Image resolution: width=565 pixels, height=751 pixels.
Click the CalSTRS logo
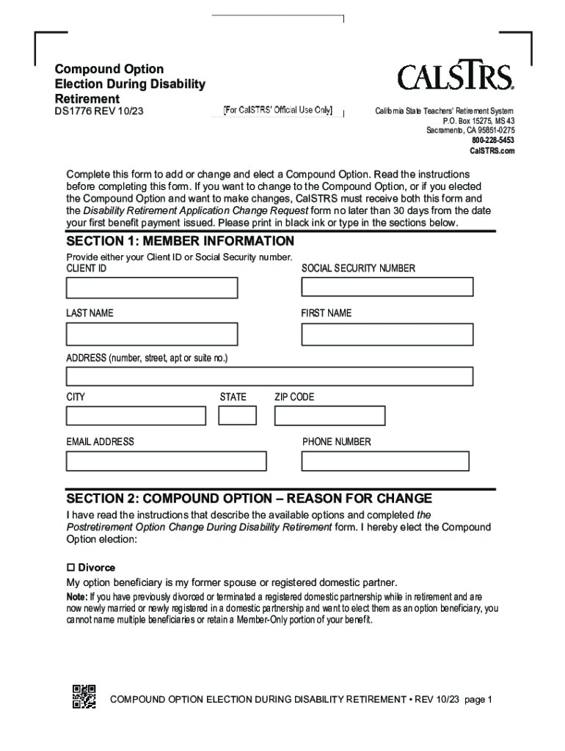click(455, 76)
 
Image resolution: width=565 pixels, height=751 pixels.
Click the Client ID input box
click(152, 288)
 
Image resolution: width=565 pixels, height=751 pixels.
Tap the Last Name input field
click(152, 334)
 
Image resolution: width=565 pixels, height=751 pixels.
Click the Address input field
click(269, 376)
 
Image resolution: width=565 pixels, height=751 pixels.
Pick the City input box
click(136, 416)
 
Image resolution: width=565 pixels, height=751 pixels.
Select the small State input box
click(238, 415)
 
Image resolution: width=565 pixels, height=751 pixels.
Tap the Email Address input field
click(167, 461)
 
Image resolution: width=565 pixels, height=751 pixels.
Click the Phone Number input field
click(385, 461)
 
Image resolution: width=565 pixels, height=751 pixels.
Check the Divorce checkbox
click(71, 568)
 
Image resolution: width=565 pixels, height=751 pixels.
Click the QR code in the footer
click(84, 697)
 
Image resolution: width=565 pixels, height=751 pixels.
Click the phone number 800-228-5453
click(493, 140)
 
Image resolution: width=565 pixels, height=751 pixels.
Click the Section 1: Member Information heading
click(180, 241)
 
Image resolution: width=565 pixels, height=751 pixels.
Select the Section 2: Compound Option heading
click(249, 498)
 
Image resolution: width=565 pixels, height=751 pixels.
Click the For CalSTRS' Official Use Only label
click(278, 111)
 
